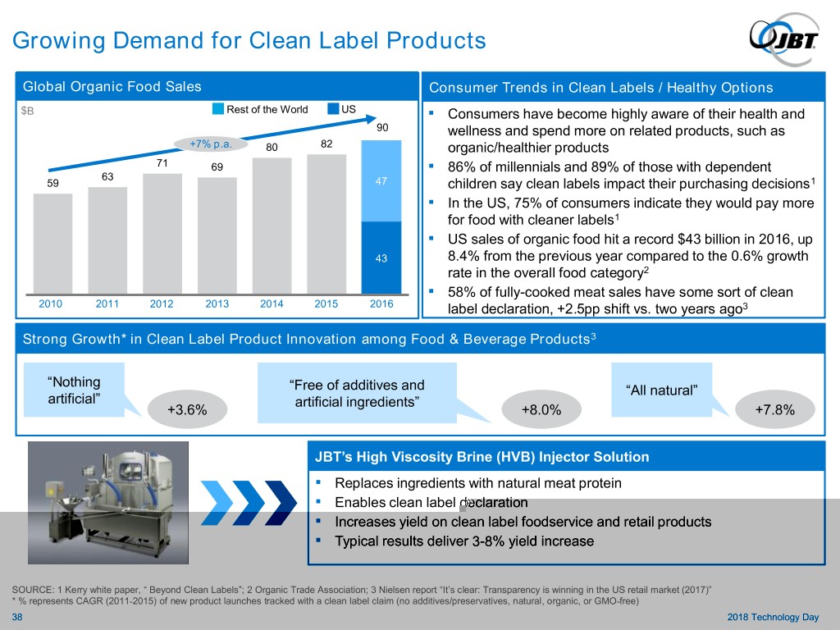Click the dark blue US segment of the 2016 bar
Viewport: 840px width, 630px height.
(381, 257)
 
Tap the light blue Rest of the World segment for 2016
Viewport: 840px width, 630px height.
(381, 181)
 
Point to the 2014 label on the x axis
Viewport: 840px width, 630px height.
(272, 304)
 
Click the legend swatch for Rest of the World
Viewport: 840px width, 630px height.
(219, 109)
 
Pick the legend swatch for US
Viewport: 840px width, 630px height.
(333, 109)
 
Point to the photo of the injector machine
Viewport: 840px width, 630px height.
(107, 500)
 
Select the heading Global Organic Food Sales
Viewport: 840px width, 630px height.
(112, 87)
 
